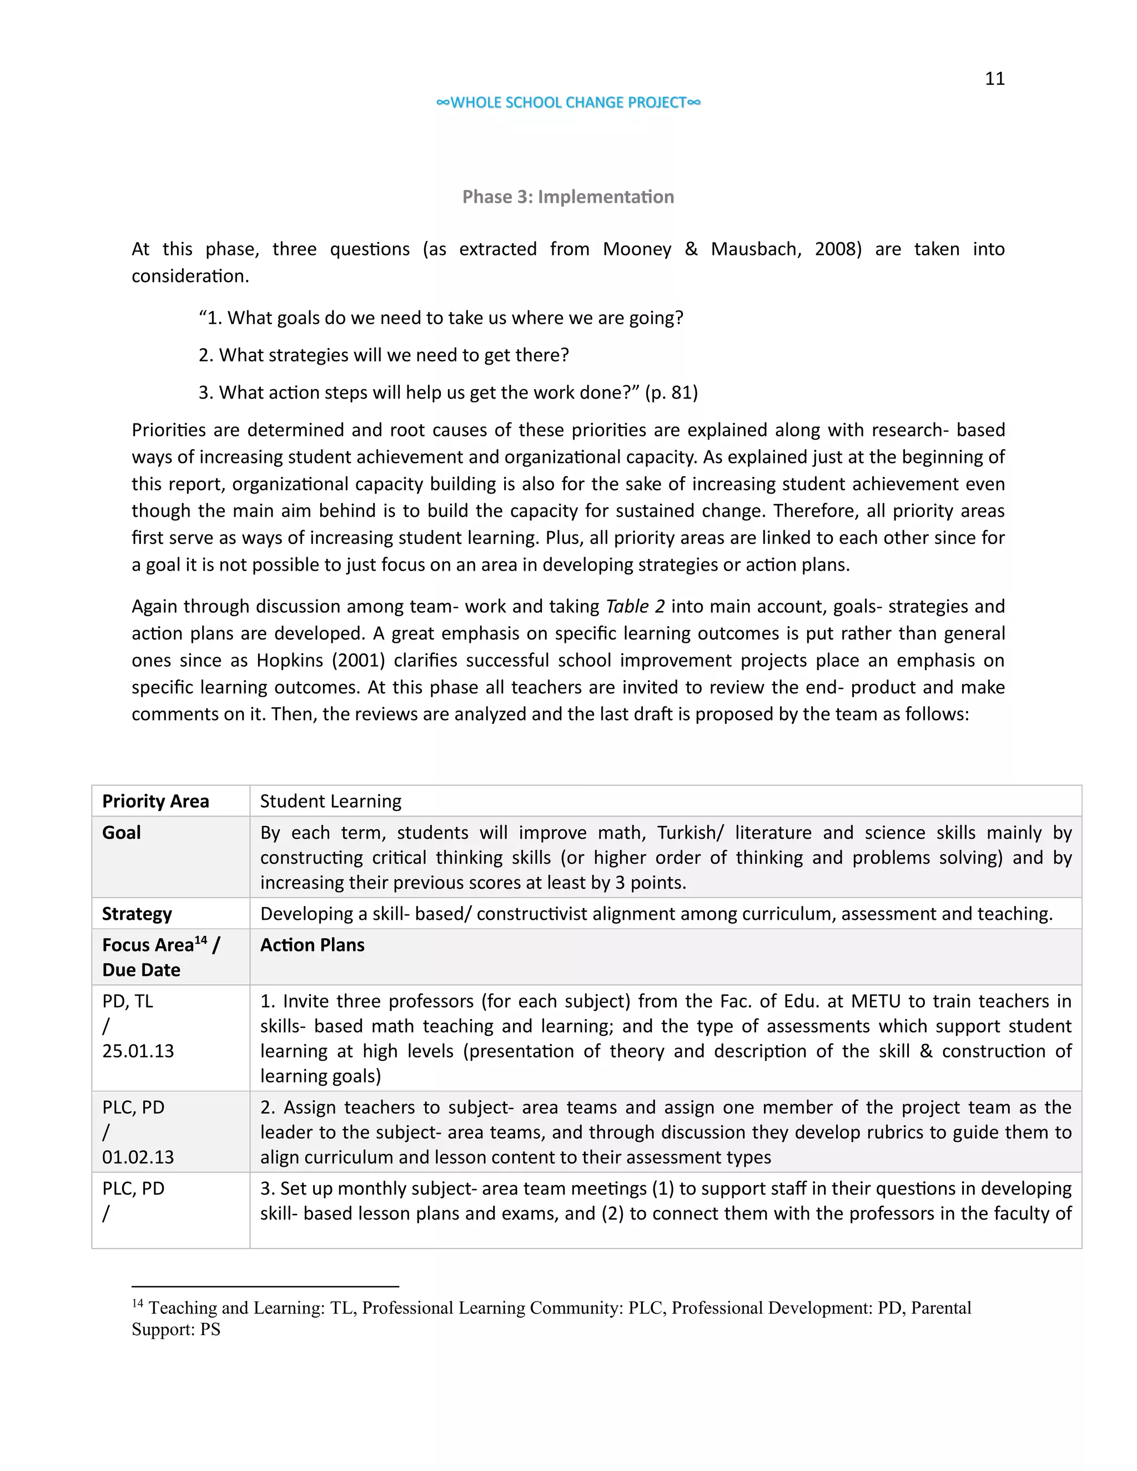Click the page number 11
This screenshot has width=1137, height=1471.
[994, 79]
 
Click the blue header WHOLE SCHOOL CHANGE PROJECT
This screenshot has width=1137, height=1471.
[568, 102]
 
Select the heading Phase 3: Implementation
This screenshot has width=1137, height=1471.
[568, 197]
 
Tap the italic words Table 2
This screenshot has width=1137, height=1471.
[635, 607]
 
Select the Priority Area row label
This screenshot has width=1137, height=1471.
[155, 802]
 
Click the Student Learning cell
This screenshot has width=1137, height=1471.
[330, 802]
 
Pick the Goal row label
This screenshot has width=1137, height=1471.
[122, 833]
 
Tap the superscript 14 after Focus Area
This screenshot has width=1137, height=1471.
[201, 940]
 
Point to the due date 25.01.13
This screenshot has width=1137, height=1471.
[138, 1051]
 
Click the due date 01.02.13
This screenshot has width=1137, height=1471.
[138, 1158]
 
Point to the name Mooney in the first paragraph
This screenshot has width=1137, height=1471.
[637, 249]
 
